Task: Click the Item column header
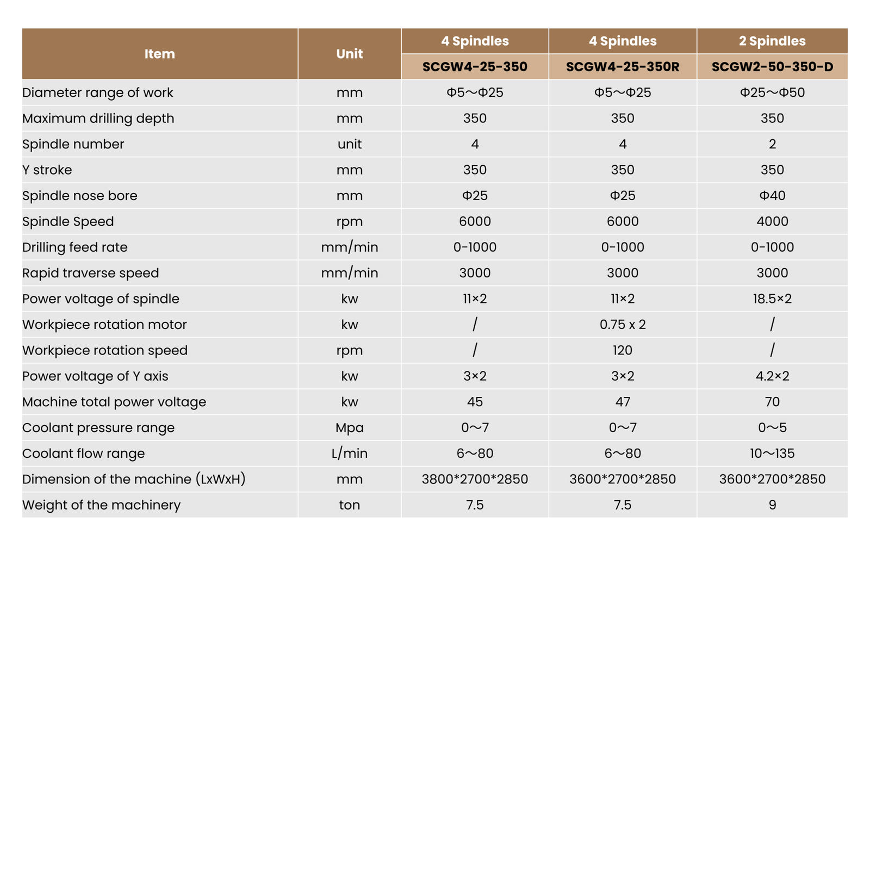point(159,54)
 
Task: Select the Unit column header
point(349,54)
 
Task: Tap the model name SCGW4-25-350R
point(623,67)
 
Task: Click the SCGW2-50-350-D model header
point(772,67)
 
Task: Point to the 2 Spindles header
point(772,41)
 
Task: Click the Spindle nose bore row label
point(80,196)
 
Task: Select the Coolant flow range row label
point(84,453)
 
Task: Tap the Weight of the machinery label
point(102,505)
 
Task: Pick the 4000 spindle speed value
point(772,221)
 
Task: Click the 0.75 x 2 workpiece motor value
point(623,325)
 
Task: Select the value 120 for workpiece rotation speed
point(623,350)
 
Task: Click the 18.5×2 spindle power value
point(772,299)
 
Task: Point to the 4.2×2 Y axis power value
point(772,376)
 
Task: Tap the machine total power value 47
point(623,402)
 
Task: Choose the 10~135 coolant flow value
point(772,453)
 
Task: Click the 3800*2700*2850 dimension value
point(475,479)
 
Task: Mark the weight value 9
point(772,505)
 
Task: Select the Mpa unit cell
point(349,428)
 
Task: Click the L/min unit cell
point(349,453)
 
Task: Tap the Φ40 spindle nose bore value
point(772,196)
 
